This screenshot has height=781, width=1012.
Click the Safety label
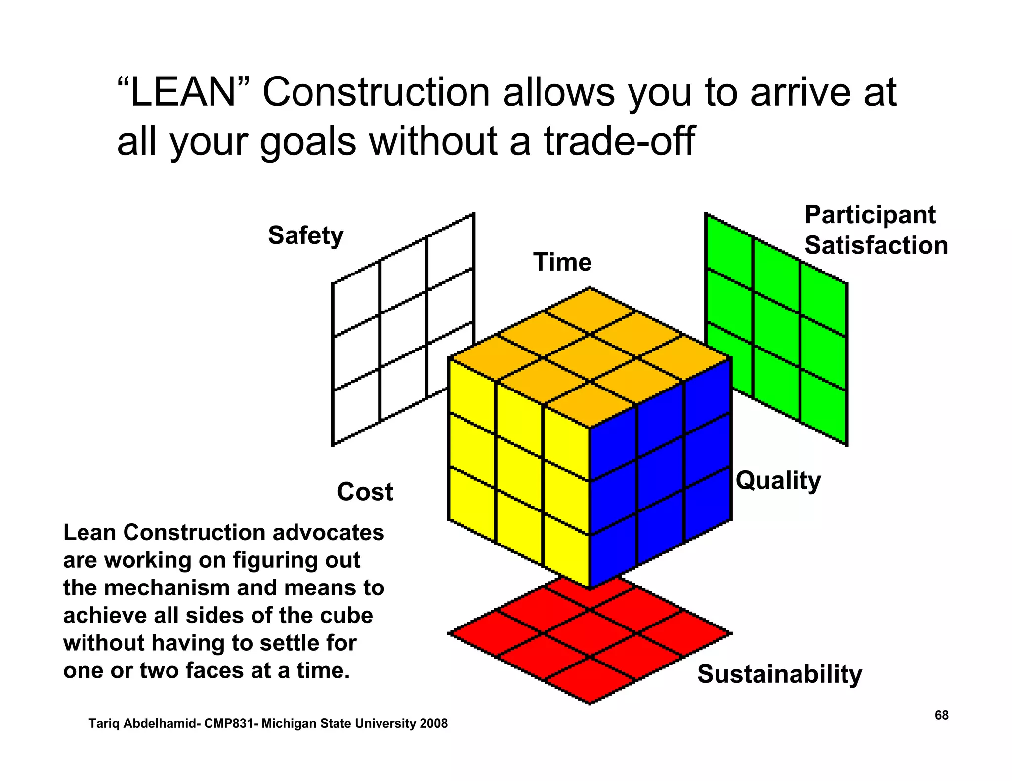coord(305,235)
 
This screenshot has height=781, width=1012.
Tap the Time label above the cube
coord(562,262)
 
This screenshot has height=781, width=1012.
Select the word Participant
coord(870,215)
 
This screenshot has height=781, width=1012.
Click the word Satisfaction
coord(876,245)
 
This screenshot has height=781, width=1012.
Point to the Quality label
coord(778,480)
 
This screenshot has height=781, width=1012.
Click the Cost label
coord(365,492)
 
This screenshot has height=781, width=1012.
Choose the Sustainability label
coord(779,674)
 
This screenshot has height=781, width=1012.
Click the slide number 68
coord(941,715)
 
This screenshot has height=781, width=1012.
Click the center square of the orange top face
coord(590,357)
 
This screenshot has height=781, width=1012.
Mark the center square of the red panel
coord(590,633)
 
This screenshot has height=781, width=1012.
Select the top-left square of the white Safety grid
coord(356,299)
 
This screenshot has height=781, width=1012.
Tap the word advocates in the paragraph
coord(328,533)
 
